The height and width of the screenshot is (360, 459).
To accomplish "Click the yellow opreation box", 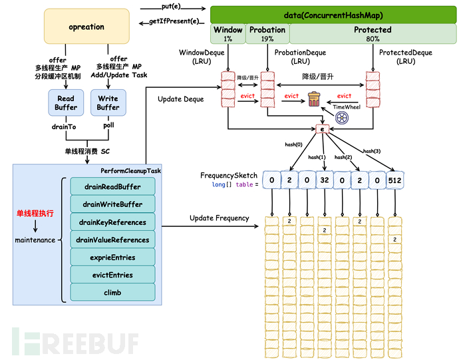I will pos(86,27).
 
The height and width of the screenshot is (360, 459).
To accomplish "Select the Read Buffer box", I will pos(66,102).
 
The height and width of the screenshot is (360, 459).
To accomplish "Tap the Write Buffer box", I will pos(108,102).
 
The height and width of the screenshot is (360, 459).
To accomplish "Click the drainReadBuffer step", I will pos(112,186).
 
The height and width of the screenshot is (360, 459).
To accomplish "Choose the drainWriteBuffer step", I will pos(112,204).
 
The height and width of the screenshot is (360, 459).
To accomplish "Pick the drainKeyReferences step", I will pos(112,222).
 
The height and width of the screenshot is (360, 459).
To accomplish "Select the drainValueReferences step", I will pos(112,240).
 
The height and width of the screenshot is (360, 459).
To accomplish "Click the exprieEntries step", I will pos(112,257).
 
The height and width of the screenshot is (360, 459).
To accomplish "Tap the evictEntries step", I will pos(112,275).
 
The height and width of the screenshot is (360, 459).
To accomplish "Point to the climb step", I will pos(112,292).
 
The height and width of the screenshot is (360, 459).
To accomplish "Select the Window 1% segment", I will pos(228,34).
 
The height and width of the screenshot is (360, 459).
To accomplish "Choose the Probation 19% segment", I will pos(267,34).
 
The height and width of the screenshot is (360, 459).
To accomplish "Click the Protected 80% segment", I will pos(373,34).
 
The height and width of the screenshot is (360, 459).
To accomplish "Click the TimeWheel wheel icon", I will pos(343,117).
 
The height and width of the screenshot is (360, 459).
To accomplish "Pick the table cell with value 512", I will pos(394,180).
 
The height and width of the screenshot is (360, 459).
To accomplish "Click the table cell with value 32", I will pos(324,180).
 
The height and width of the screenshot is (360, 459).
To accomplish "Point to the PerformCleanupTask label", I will pos(130,171).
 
